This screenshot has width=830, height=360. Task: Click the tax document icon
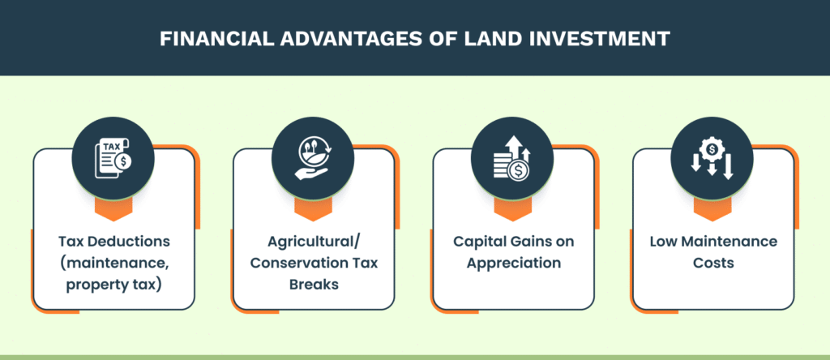pyautogui.click(x=113, y=158)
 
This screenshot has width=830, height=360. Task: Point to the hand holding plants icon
pyautogui.click(x=313, y=158)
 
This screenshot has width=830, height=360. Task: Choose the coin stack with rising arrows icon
pyautogui.click(x=512, y=158)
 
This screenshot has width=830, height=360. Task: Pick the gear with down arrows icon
pyautogui.click(x=712, y=158)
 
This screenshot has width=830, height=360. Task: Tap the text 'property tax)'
pyautogui.click(x=113, y=285)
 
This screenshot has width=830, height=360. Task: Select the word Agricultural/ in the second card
pyautogui.click(x=313, y=242)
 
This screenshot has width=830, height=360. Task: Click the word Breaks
pyautogui.click(x=313, y=285)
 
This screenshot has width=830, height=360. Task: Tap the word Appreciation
pyautogui.click(x=512, y=264)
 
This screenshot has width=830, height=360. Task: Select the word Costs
pyautogui.click(x=713, y=264)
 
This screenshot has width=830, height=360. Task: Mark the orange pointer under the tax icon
pyautogui.click(x=113, y=210)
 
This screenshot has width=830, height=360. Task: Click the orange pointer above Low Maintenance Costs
pyautogui.click(x=712, y=210)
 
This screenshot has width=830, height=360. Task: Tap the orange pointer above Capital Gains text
pyautogui.click(x=512, y=210)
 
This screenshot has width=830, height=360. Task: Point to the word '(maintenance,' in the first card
pyautogui.click(x=113, y=264)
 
